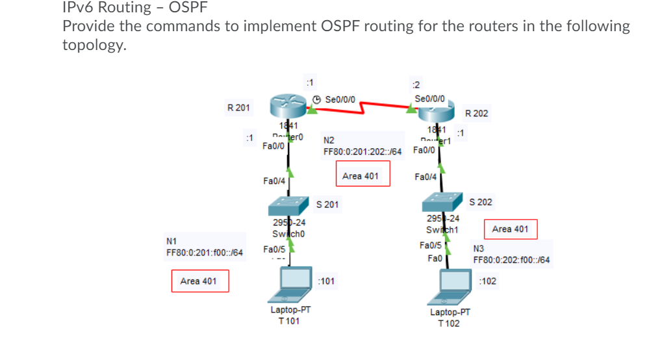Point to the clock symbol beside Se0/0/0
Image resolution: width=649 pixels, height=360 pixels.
pyautogui.click(x=316, y=99)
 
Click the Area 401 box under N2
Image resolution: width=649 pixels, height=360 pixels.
pyautogui.click(x=363, y=175)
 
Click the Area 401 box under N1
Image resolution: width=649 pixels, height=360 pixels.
pyautogui.click(x=199, y=281)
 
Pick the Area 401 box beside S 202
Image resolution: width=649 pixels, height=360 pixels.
pyautogui.click(x=510, y=229)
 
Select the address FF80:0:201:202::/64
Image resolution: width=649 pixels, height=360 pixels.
pyautogui.click(x=363, y=151)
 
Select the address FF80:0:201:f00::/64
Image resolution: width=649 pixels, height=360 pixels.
pyautogui.click(x=205, y=252)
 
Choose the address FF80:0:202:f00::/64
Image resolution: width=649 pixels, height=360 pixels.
pyautogui.click(x=511, y=260)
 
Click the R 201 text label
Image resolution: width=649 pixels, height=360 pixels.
pyautogui.click(x=238, y=107)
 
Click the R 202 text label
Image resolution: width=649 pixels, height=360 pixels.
pyautogui.click(x=476, y=113)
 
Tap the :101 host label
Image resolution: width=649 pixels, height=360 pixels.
pyautogui.click(x=326, y=281)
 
